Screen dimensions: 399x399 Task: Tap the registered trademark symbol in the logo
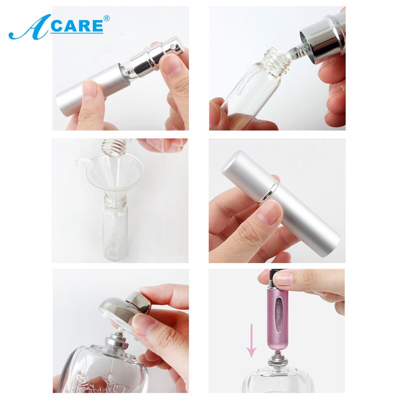(x=106, y=18)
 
